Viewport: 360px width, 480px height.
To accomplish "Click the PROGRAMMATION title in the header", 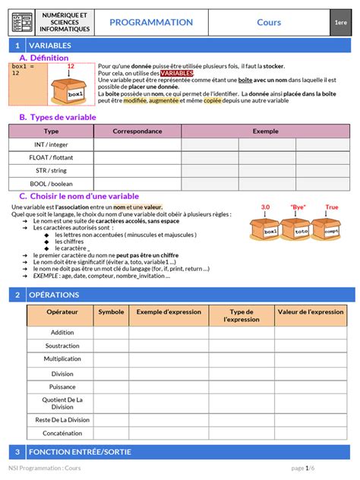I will pos(151,23).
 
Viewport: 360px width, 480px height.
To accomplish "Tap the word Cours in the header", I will pos(269,23).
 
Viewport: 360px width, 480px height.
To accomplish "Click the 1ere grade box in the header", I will pos(340,23).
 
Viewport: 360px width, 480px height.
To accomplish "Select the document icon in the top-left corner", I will pos(23,23).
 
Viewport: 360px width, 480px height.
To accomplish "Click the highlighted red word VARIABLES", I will pos(177,73).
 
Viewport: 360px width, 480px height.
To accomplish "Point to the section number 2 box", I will pos(17,295).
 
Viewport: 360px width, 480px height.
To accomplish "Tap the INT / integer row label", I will pos(51,144).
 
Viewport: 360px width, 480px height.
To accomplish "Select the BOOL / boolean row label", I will pos(51,183).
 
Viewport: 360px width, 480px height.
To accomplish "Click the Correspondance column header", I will pos(137,131).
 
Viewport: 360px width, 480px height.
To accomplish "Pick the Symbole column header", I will pos(111,311).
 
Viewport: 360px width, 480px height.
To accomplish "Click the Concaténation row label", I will pos(62,433).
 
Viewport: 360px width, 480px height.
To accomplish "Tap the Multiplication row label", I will pos(62,358).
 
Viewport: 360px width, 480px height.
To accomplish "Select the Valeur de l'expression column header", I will pos(311,311).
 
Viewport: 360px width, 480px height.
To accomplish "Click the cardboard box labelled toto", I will pos(300,229).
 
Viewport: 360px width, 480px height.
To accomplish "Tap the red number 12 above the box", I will pos(71,67).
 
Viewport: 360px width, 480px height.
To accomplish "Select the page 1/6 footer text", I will pos(304,468).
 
